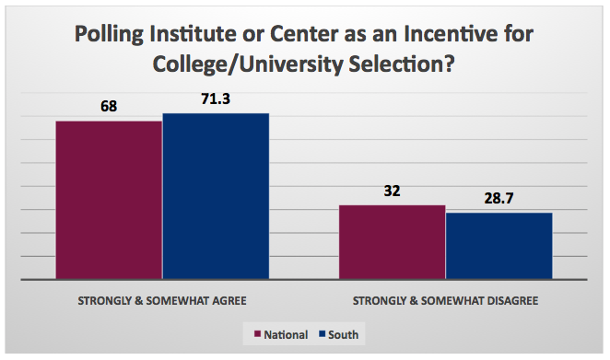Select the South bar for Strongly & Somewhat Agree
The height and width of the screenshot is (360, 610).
(x=216, y=195)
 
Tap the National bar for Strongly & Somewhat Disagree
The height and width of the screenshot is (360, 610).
(x=393, y=241)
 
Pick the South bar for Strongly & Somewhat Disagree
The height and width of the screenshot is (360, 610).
(x=499, y=245)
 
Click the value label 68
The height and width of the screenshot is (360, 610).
(x=109, y=108)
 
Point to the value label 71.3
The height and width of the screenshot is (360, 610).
(x=216, y=99)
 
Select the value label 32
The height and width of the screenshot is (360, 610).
(x=393, y=192)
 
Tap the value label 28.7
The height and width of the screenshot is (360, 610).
(x=499, y=199)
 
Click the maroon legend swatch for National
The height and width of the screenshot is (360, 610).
(x=257, y=332)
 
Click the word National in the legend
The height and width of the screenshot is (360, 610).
(x=286, y=332)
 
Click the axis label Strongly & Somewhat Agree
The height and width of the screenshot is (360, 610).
(x=162, y=300)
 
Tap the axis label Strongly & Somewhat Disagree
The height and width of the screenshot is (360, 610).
(x=446, y=300)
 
